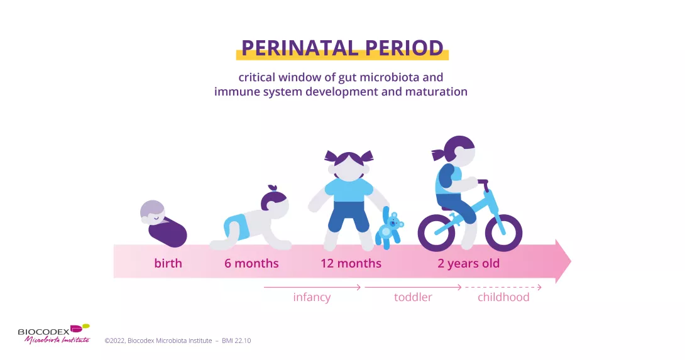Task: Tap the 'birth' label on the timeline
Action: (x=168, y=263)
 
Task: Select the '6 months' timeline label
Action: (x=251, y=263)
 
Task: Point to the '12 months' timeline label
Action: (x=351, y=263)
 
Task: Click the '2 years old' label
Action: (x=468, y=263)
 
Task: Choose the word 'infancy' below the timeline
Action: (x=312, y=297)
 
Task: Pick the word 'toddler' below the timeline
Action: (x=413, y=297)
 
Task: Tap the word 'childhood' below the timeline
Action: (x=503, y=297)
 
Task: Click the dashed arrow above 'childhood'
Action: (x=503, y=287)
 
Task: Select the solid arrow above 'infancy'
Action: (x=312, y=287)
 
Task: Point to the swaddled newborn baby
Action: (x=163, y=223)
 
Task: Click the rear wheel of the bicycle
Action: (x=436, y=232)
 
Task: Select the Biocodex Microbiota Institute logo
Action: (x=53, y=333)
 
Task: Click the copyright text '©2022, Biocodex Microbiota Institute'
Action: (x=158, y=341)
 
